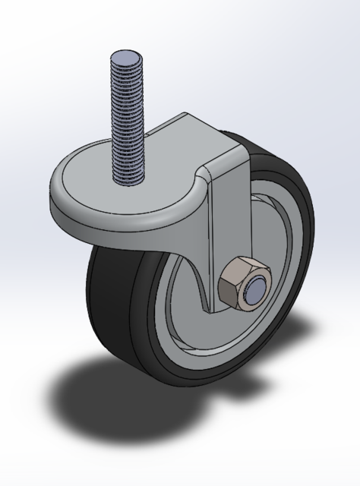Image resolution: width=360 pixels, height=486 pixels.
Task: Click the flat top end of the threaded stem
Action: pyautogui.click(x=126, y=58)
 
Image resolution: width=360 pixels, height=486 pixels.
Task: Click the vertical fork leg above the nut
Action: pyautogui.click(x=228, y=220)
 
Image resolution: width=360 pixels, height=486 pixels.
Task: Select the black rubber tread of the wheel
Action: pyautogui.click(x=114, y=304)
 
